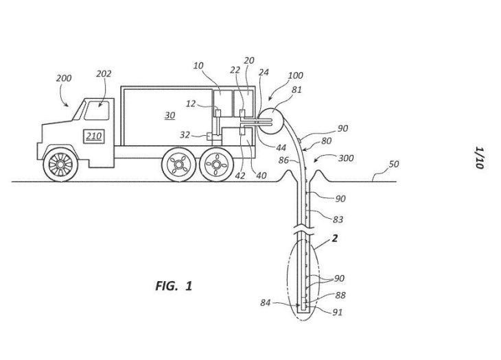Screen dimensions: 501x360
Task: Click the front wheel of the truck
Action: coord(60,164)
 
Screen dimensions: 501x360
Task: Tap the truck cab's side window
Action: coord(97,110)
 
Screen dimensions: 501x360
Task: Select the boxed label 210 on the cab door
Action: coord(93,136)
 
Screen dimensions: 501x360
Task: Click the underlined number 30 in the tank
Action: coord(170,115)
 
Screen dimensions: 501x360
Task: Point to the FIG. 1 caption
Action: coord(174,286)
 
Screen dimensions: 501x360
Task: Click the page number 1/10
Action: coord(479,158)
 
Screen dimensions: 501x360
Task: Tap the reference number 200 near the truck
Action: coord(64,78)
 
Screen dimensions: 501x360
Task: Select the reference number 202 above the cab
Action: coord(104,74)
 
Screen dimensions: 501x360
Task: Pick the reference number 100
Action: coord(295,75)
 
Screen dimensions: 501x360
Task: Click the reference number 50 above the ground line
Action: coord(394,164)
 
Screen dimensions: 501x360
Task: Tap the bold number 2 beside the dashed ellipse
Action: coord(334,238)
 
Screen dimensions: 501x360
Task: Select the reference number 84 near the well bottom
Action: coord(265,302)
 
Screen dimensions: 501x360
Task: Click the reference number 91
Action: coord(338,312)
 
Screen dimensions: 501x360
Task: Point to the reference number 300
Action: coord(346,158)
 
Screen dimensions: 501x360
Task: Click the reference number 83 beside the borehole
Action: coord(338,219)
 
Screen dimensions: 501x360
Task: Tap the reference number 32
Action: coord(185,135)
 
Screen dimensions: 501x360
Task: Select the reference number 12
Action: coord(191,104)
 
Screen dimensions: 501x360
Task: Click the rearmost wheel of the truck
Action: coord(217,165)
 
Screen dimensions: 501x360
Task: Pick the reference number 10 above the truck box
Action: coord(198,66)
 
